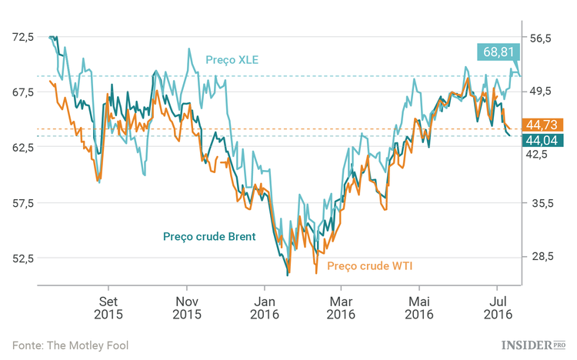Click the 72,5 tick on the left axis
[x=22, y=37]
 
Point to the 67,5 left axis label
[x=22, y=92]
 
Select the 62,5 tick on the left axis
[x=22, y=147]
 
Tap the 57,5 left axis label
[x=22, y=203]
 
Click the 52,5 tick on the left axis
[x=22, y=258]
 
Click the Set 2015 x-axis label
[x=108, y=308]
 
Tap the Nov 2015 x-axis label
[x=186, y=308]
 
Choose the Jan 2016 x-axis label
[x=264, y=308]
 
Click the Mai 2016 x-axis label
[x=419, y=308]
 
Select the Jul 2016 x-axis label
[x=499, y=308]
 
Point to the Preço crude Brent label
[x=208, y=236]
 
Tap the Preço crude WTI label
[x=370, y=266]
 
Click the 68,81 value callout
[x=499, y=52]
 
